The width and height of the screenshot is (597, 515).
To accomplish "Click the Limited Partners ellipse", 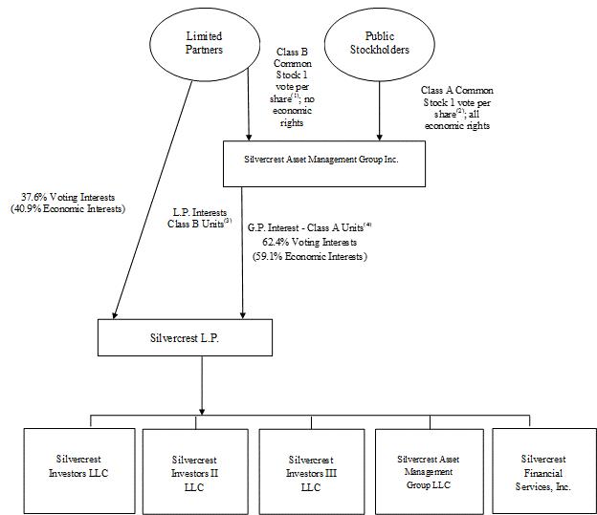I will (204, 43).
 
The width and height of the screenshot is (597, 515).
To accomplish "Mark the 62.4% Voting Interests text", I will (310, 243).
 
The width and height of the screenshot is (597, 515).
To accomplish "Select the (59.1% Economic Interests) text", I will (310, 256).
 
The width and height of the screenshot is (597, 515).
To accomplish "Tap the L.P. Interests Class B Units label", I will (200, 216).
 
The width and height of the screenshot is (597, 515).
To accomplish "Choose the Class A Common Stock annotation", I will (456, 107).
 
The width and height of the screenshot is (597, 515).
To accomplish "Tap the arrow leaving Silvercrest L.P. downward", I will (201, 382).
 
